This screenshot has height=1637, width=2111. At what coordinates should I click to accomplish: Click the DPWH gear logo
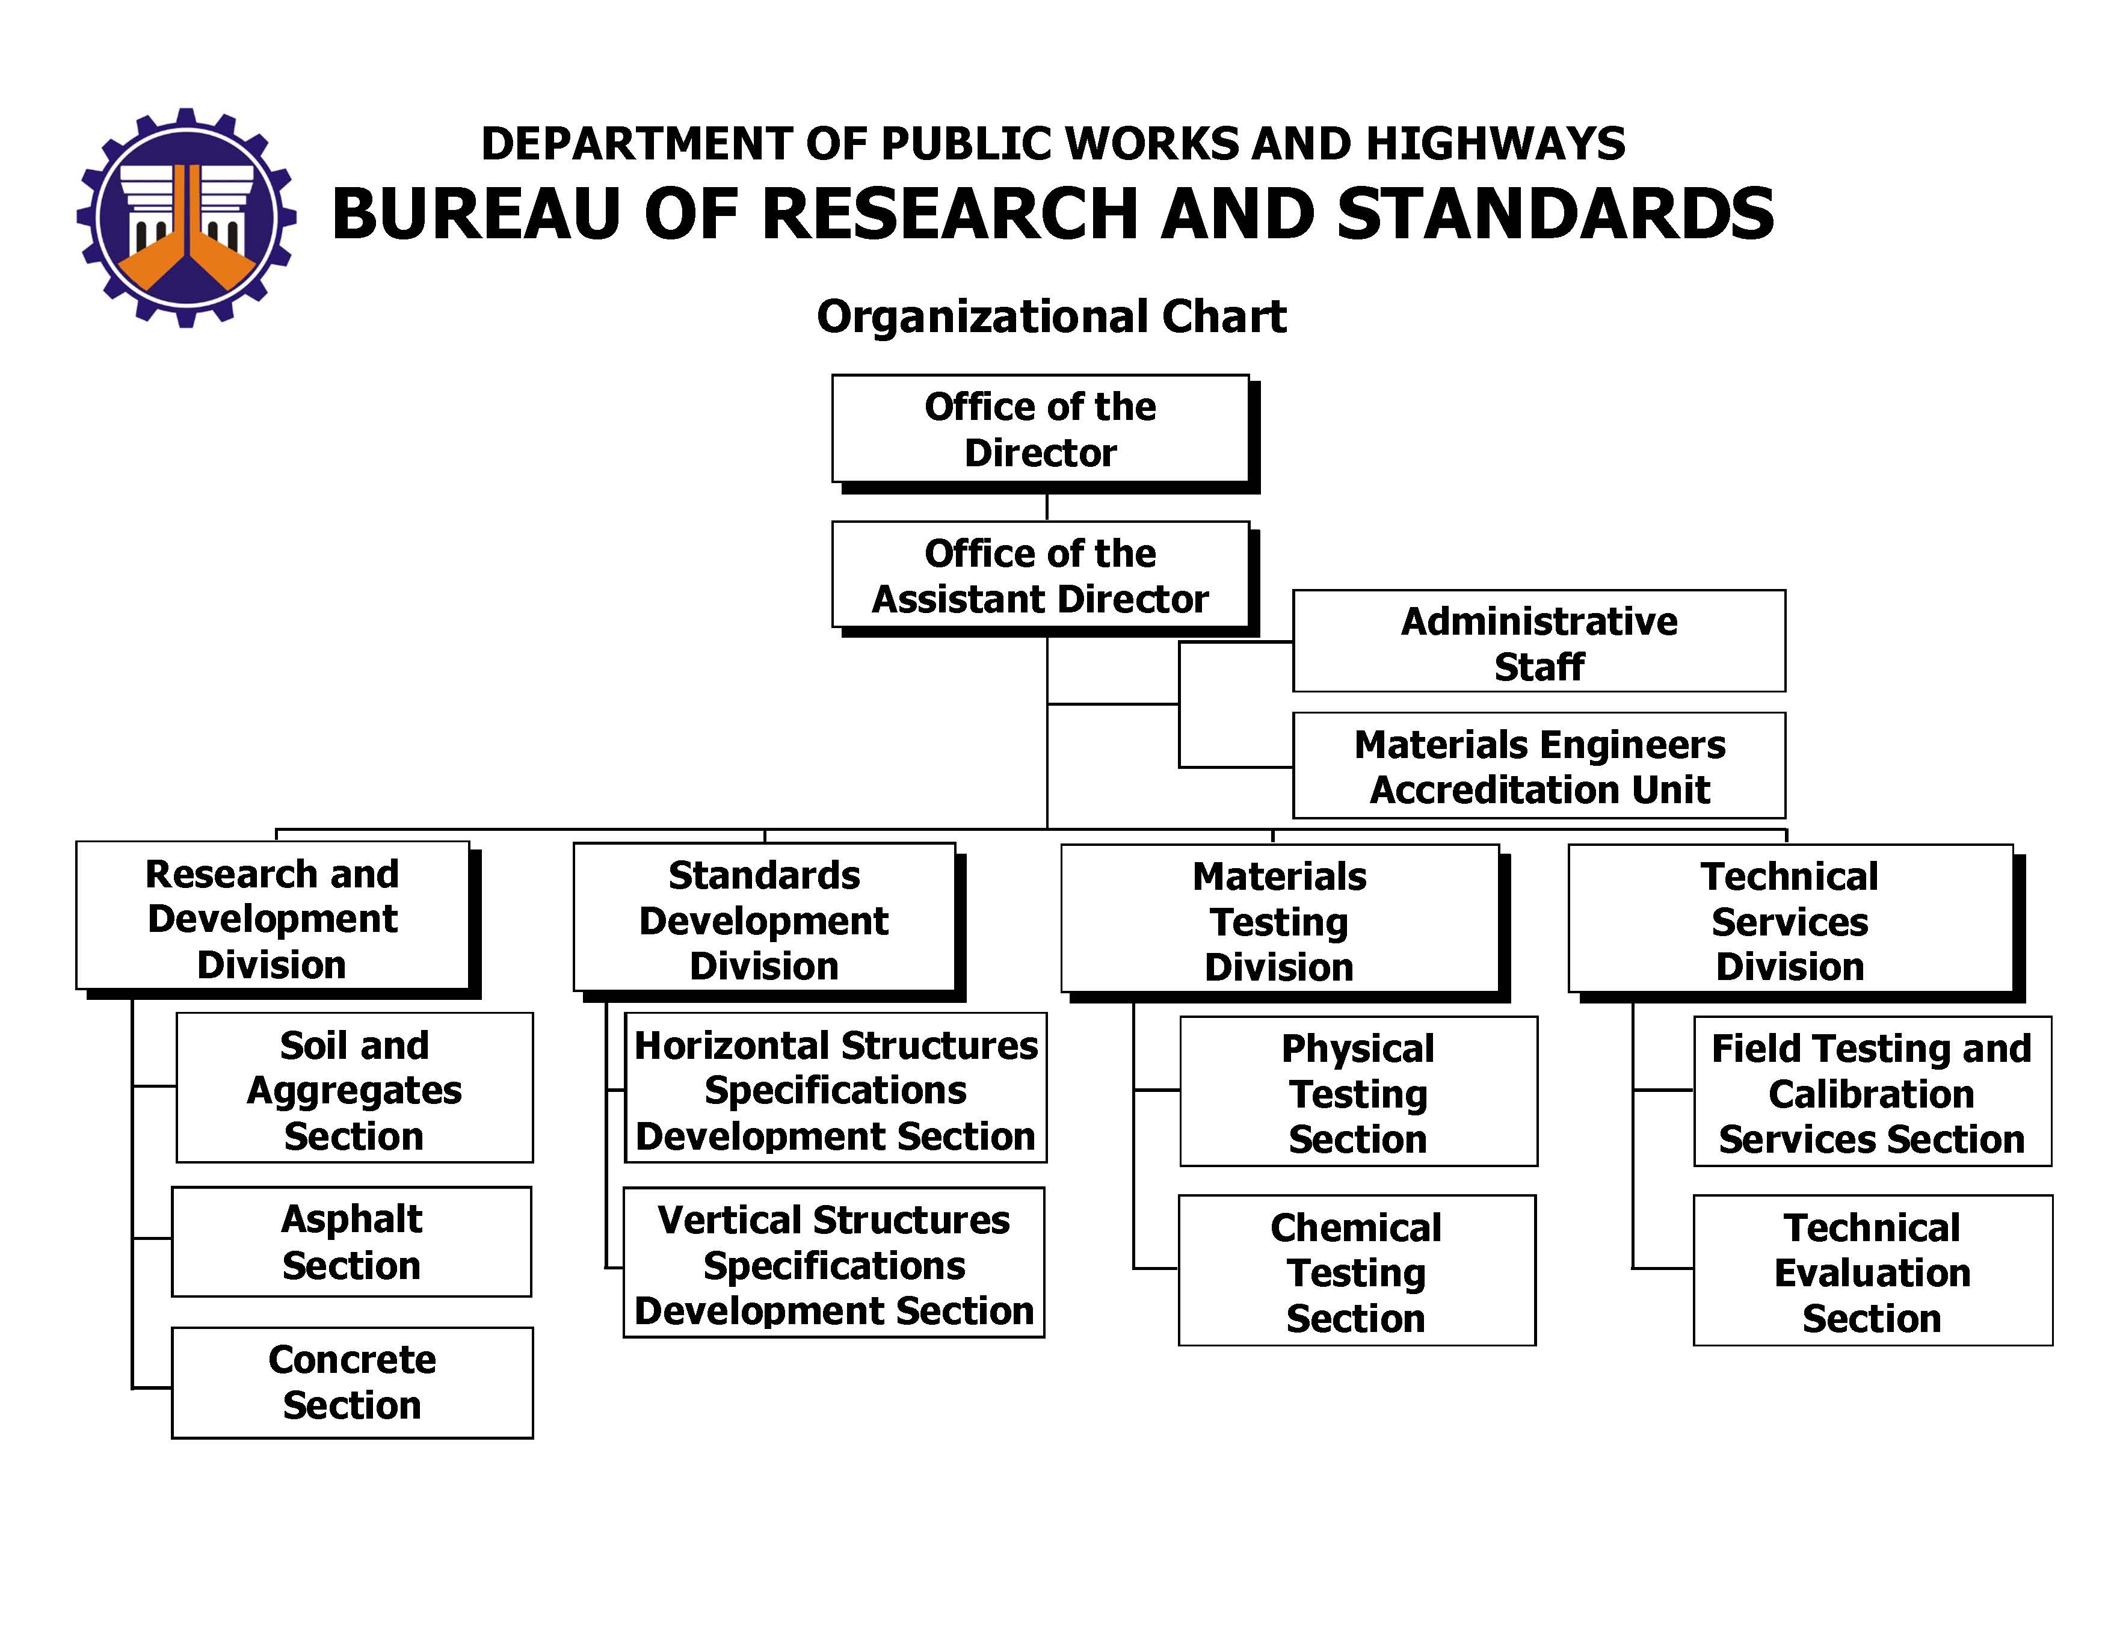(x=186, y=217)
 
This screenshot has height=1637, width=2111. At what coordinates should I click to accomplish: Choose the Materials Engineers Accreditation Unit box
(x=1539, y=765)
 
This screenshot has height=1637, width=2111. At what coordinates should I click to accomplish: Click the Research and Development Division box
(x=277, y=920)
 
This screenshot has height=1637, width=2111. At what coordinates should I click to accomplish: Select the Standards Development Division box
(x=768, y=922)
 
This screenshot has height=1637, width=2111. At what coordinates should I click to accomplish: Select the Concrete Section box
(x=352, y=1383)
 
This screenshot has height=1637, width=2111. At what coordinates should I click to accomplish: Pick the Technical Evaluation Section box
(x=1872, y=1271)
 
